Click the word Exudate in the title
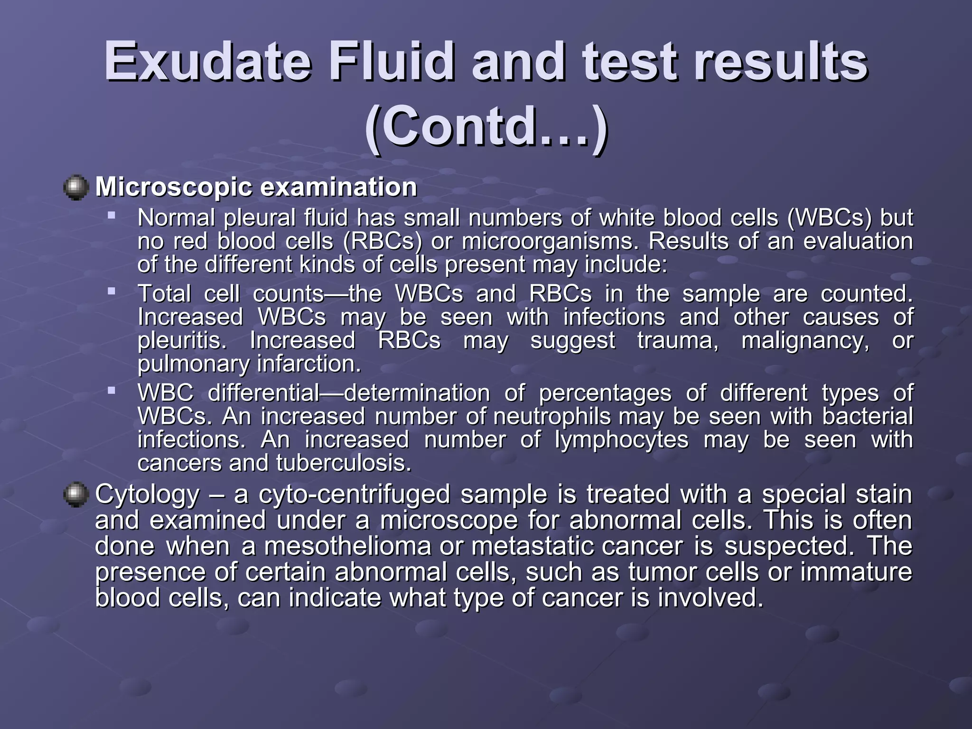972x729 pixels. pos(208,63)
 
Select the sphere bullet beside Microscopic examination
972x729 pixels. pos(76,187)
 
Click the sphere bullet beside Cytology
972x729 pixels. pos(76,495)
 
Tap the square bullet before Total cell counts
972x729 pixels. pos(112,291)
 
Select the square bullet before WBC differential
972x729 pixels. pos(112,391)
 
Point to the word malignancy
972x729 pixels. pos(806,341)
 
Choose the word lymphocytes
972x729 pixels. pos(622,440)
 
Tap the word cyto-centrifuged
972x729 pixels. pos(354,495)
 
